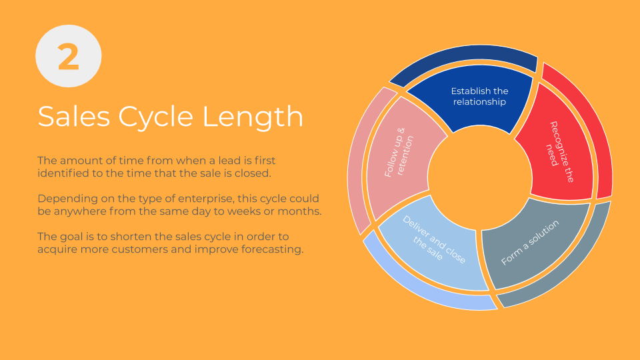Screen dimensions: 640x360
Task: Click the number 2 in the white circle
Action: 68,57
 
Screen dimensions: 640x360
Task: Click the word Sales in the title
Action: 74,116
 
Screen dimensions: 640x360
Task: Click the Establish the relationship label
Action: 479,96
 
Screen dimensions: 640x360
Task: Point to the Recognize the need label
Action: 560,152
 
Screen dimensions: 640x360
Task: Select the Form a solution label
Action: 530,243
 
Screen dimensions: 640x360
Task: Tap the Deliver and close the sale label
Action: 433,240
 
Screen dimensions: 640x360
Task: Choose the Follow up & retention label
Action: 399,152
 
